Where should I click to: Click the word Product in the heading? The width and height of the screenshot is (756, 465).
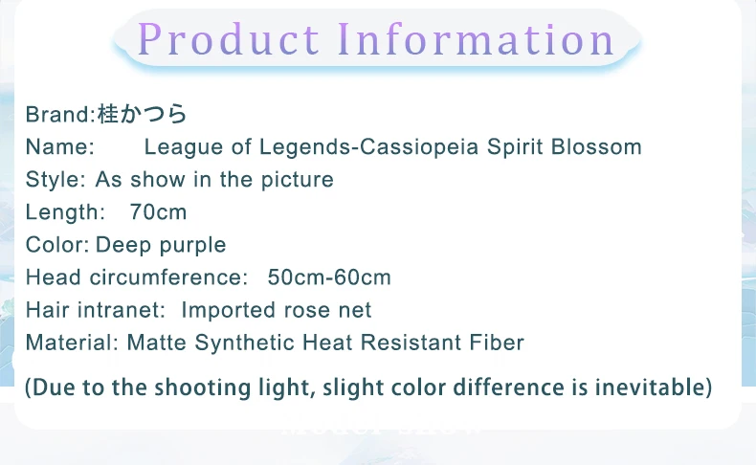(x=228, y=39)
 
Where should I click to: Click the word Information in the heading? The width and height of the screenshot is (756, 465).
(x=476, y=39)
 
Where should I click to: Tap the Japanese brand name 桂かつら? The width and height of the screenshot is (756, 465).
(x=143, y=114)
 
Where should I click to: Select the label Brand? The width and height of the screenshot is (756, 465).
(x=60, y=115)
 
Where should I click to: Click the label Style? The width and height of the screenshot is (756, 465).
(x=56, y=180)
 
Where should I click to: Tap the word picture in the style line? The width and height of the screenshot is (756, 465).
(x=298, y=180)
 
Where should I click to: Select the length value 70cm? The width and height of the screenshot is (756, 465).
(x=158, y=212)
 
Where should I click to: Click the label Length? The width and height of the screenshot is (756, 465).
(x=65, y=212)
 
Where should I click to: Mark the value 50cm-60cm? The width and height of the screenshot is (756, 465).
(x=329, y=277)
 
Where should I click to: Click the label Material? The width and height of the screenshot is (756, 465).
(x=72, y=343)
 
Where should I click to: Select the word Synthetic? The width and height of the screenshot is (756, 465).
(x=245, y=343)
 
